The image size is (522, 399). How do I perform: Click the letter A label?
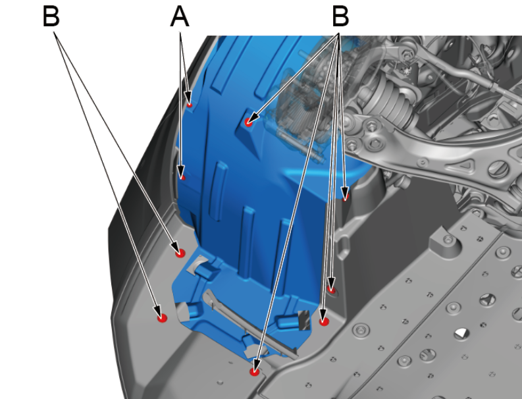(180, 17)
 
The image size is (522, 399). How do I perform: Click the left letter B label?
(51, 16)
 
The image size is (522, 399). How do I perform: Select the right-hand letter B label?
(340, 16)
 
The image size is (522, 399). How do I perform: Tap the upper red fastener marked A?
(190, 105)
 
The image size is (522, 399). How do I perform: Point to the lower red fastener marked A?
(183, 178)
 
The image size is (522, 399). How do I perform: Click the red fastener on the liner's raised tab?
(248, 122)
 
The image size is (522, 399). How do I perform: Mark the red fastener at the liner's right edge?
(346, 197)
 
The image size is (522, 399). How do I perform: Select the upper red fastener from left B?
(180, 253)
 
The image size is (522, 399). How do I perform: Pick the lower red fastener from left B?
(162, 318)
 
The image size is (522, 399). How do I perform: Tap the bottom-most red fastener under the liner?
(255, 371)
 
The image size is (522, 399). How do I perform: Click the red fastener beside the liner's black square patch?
(324, 321)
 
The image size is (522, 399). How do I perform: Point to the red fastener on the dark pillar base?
(331, 289)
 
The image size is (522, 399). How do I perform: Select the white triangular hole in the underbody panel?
(461, 333)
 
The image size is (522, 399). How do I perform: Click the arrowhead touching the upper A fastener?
(188, 98)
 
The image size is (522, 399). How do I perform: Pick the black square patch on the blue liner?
(304, 320)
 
